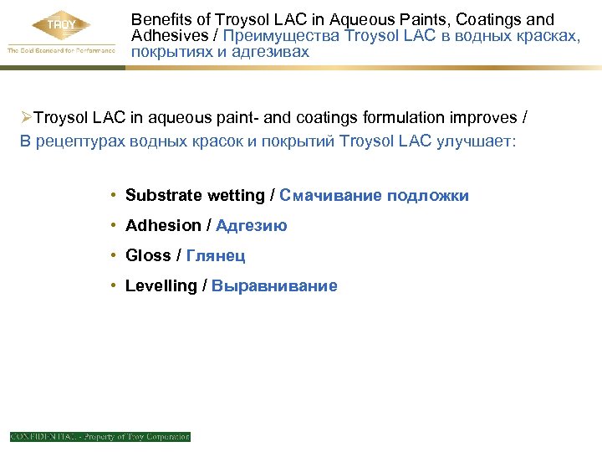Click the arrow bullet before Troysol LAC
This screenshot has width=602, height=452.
pos(27,119)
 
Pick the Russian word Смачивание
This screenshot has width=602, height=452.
pos(331,196)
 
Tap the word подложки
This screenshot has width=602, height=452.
pos(428,196)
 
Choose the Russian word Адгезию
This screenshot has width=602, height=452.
pos(251,226)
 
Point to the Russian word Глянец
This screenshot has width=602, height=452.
pos(216,256)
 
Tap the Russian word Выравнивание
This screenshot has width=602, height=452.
pos(274,286)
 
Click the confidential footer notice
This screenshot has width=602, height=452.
pos(100,436)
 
